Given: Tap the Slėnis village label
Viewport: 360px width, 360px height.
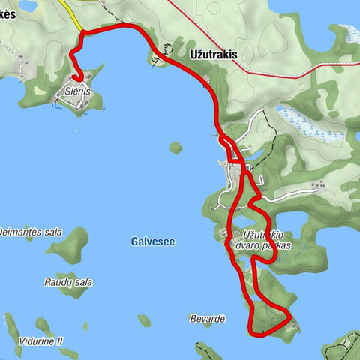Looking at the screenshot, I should coord(77,91).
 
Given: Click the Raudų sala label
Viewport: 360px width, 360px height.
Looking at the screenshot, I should coord(67,283).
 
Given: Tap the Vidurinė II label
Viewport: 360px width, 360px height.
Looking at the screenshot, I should coord(41,341).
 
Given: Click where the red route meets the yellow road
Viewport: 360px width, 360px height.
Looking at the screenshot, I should coord(82,31).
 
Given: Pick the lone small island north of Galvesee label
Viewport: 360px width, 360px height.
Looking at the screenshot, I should coord(175,148).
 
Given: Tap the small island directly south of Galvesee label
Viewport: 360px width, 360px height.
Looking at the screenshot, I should coord(144,320).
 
